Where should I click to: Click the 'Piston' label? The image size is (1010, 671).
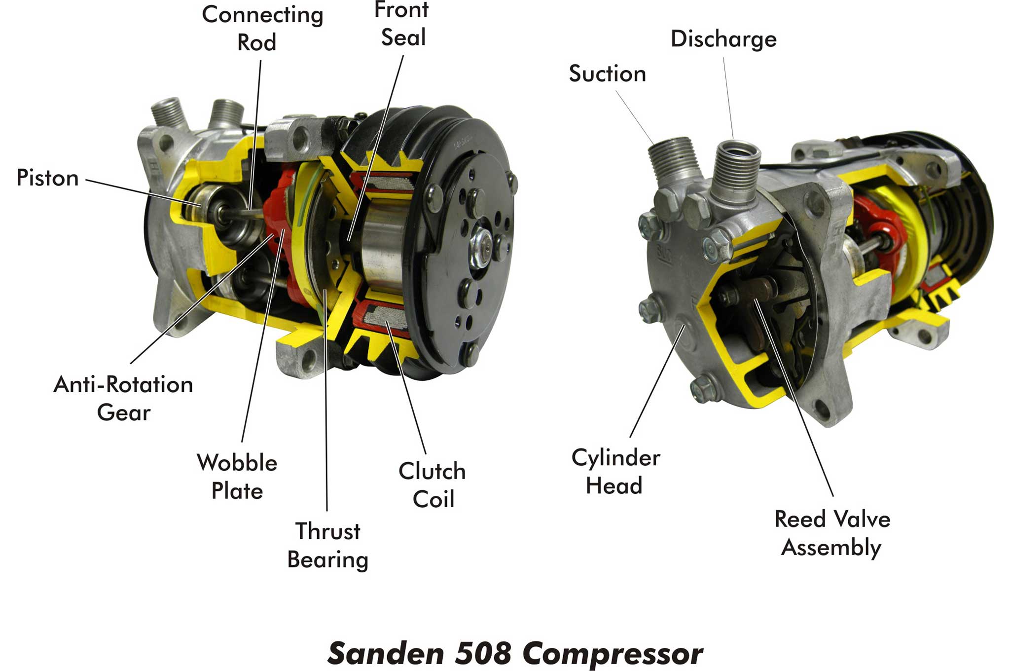coord(47,178)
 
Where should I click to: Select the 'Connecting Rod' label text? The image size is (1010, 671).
coord(262,29)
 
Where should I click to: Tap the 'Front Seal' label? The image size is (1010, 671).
coord(402,24)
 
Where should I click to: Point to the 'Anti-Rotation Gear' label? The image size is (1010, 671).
coord(123,398)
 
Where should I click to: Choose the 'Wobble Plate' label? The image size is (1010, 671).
coord(237,477)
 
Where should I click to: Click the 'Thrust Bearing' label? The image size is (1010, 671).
coord(328,546)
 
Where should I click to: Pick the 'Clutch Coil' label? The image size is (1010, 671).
coord(433,485)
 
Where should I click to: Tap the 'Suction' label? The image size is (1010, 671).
coord(607,74)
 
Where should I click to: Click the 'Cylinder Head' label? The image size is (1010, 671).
coord(615,472)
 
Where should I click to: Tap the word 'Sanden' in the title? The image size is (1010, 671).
coord(386,653)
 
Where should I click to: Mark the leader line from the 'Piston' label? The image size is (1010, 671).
coord(143,192)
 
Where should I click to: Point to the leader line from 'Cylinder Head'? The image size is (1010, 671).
coord(657,381)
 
